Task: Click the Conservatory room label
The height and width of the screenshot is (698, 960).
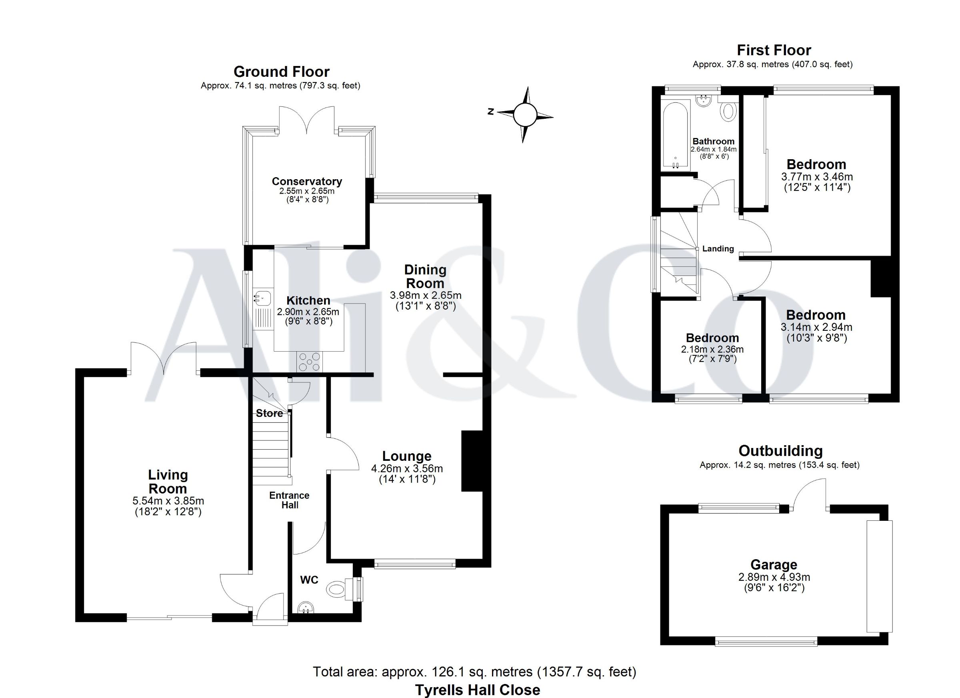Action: click(x=306, y=181)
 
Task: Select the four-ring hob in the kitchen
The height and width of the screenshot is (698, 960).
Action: click(x=310, y=362)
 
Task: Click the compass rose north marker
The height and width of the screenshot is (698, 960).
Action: click(x=490, y=112)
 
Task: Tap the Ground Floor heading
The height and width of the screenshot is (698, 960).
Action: click(x=282, y=71)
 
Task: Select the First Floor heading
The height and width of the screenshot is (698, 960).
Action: click(x=774, y=50)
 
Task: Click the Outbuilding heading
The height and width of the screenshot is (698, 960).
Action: click(x=780, y=451)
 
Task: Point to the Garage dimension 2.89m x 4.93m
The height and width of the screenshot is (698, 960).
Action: click(x=774, y=577)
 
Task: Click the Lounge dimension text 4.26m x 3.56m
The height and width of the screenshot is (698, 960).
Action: click(x=407, y=468)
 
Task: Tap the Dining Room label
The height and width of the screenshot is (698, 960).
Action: click(x=425, y=276)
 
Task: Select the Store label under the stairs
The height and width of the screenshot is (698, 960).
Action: click(x=269, y=413)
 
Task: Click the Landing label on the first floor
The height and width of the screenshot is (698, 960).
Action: click(x=718, y=248)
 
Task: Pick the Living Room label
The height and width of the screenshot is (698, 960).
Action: click(x=168, y=482)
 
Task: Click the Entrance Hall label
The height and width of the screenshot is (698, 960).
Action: click(x=290, y=500)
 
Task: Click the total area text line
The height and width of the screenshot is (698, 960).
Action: click(x=474, y=672)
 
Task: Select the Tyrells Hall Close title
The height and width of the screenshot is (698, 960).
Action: click(x=478, y=690)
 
